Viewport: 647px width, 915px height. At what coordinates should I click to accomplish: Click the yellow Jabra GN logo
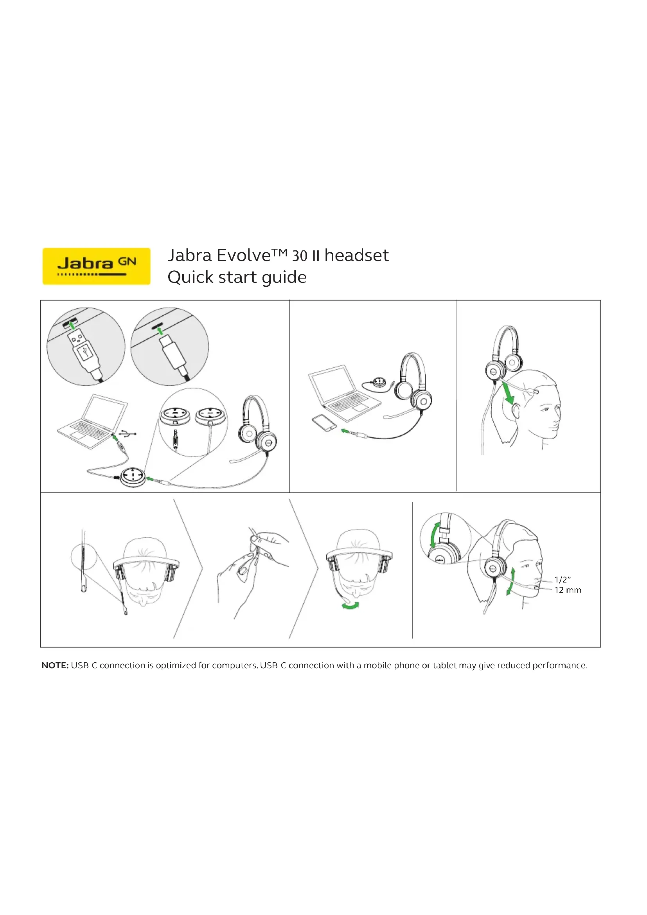point(96,266)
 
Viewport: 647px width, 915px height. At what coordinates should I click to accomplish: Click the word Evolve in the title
point(244,255)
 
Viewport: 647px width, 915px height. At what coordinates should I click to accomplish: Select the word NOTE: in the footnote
point(56,665)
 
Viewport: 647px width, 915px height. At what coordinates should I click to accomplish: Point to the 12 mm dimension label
point(568,590)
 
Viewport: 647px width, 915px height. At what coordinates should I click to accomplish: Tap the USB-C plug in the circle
point(174,353)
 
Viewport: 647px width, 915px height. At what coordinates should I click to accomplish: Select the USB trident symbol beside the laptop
point(128,433)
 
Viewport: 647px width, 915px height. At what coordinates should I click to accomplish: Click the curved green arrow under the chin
point(350,606)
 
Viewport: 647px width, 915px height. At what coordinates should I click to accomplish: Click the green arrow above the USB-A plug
point(72,325)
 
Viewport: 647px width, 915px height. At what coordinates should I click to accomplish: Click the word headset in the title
point(357,255)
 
